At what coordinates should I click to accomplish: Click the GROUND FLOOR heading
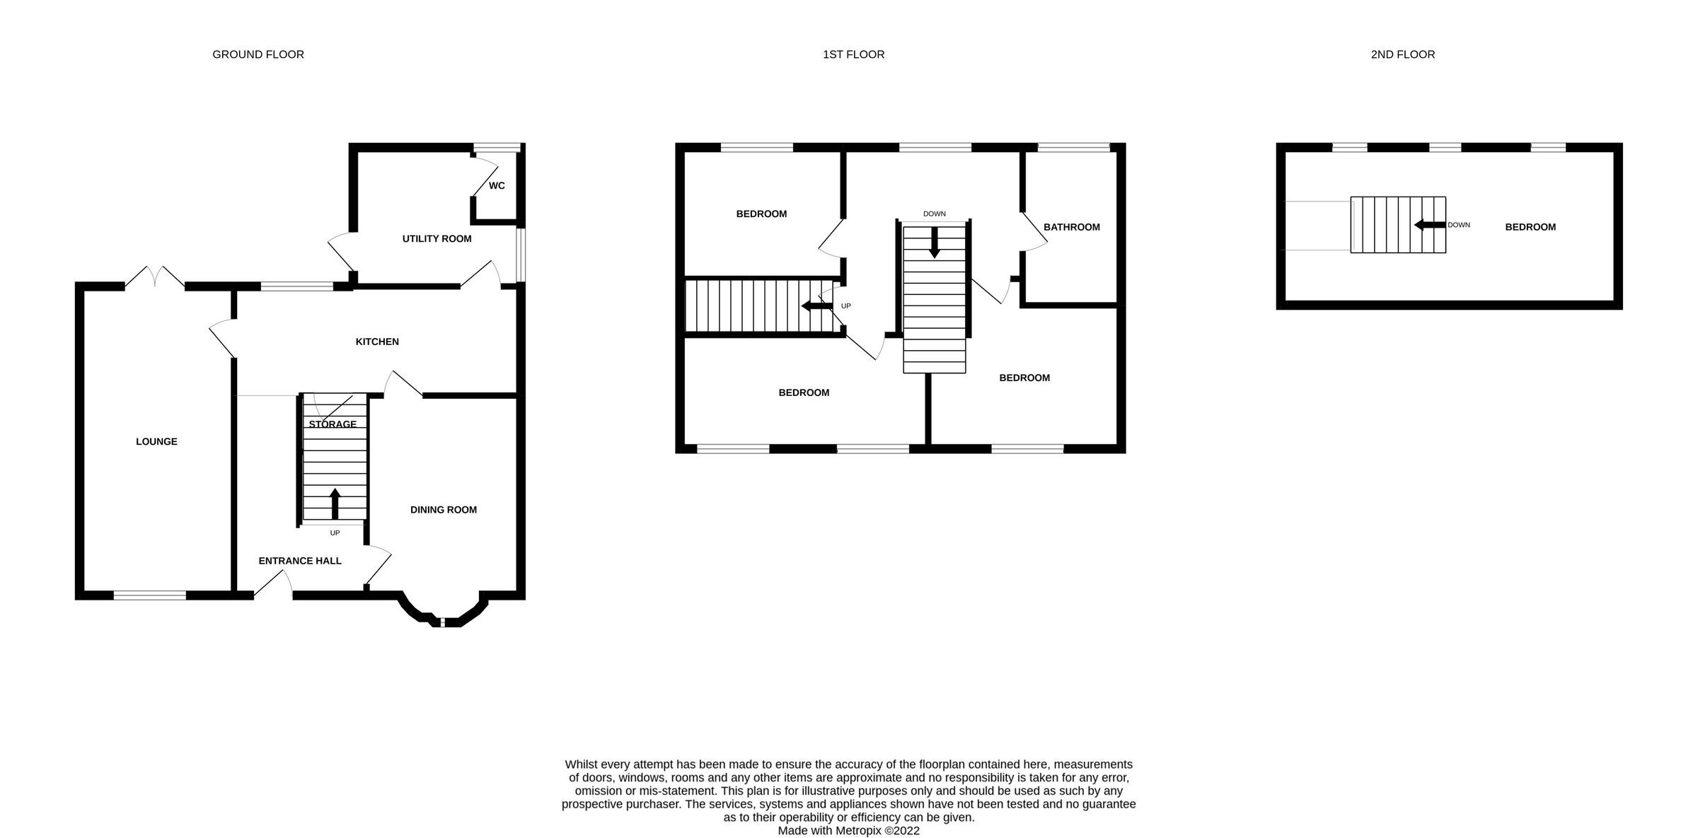[258, 54]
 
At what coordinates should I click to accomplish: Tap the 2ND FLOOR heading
[1402, 54]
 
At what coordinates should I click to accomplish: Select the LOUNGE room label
[156, 442]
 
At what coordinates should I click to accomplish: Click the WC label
[497, 186]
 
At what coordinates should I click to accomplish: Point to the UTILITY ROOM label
[437, 239]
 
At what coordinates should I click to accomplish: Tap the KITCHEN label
[376, 342]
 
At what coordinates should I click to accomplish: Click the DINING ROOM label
[443, 510]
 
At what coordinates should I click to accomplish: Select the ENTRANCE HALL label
[300, 561]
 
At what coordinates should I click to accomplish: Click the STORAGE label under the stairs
[333, 424]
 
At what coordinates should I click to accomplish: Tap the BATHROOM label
[1071, 228]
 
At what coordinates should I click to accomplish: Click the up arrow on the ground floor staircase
[335, 504]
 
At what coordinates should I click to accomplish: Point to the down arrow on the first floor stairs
[934, 242]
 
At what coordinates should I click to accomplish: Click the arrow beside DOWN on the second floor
[1428, 225]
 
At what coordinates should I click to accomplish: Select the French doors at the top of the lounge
[155, 278]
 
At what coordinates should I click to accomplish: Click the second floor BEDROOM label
[1530, 228]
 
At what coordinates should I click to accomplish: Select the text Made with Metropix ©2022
[848, 831]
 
